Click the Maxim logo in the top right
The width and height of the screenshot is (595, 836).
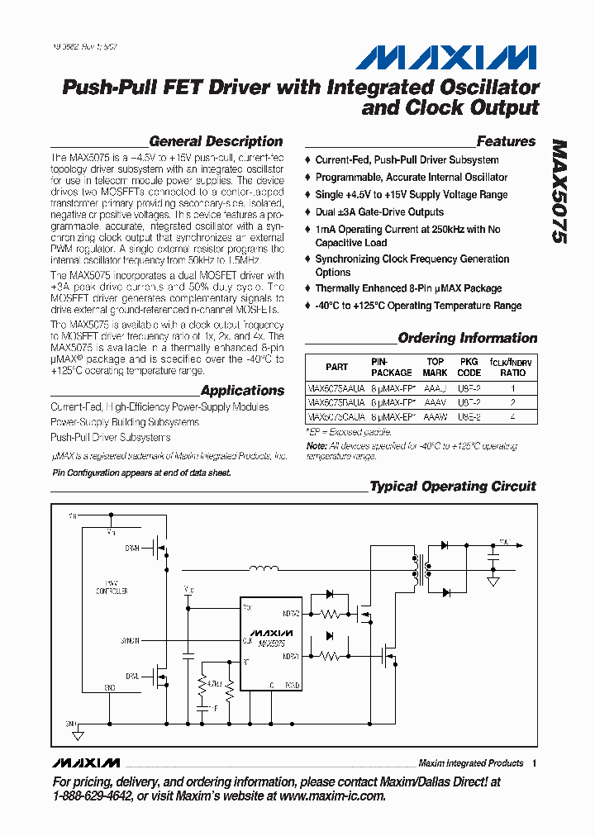click(446, 57)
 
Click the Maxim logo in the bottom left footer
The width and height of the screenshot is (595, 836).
click(85, 762)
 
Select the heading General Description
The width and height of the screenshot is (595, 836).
click(216, 141)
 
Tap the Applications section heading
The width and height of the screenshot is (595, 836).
click(242, 391)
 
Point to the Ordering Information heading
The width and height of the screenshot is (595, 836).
click(467, 338)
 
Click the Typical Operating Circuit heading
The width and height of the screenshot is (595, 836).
click(453, 487)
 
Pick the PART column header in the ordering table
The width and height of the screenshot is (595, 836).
click(336, 367)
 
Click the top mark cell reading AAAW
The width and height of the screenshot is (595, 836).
click(435, 417)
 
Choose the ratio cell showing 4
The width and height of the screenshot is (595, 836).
click(512, 417)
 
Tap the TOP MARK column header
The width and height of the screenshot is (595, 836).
click(435, 367)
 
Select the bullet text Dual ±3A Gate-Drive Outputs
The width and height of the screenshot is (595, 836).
click(379, 212)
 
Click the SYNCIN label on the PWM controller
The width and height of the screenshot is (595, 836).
click(130, 640)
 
